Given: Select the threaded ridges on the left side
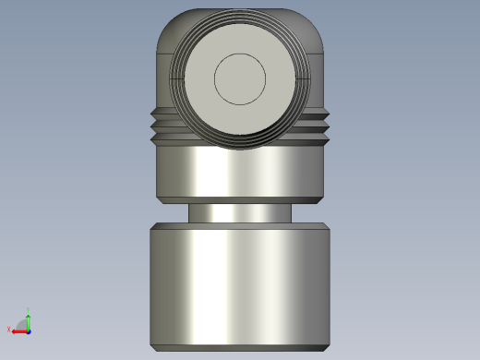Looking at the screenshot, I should click(x=162, y=127).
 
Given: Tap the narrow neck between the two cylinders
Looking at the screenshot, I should click(x=240, y=213).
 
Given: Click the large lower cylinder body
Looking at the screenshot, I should click(x=240, y=286).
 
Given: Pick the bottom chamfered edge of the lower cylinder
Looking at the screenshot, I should click(x=240, y=346).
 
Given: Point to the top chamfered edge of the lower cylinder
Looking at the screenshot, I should click(x=240, y=227).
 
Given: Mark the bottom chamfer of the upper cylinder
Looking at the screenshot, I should click(x=240, y=200).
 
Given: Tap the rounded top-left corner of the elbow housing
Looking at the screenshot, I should click(x=166, y=28).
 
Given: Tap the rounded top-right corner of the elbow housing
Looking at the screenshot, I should click(x=314, y=28).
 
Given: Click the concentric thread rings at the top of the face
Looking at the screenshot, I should click(x=240, y=21).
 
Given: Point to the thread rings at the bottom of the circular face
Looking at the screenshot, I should click(x=240, y=143).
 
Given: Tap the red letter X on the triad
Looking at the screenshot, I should click(x=8, y=330).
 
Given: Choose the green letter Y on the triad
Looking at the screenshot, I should click(x=29, y=309).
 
